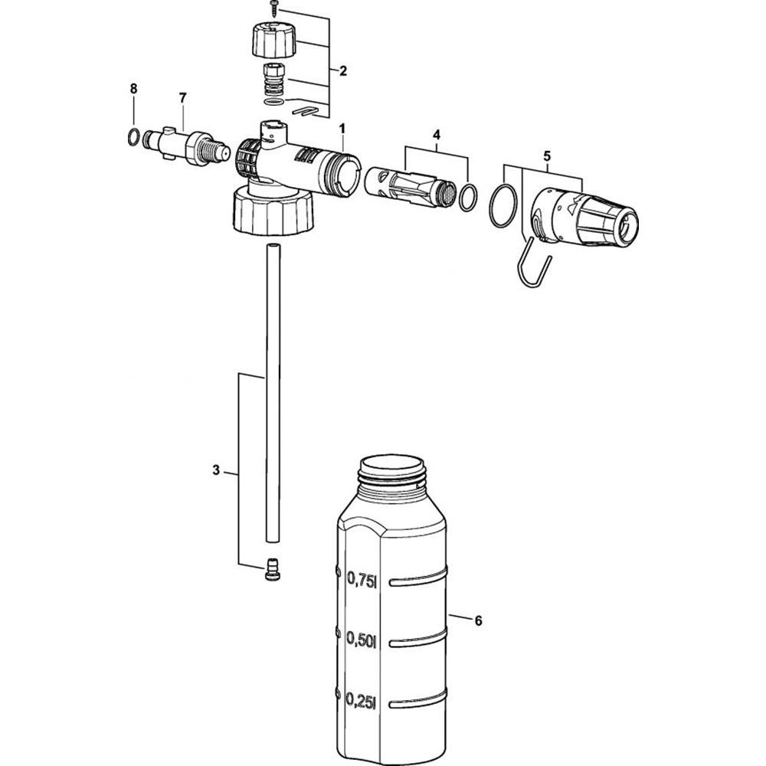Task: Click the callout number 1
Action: coord(342,129)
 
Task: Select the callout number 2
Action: coord(343,71)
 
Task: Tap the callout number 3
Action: coord(216,470)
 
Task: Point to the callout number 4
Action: coord(437,134)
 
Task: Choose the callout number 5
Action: coord(547,156)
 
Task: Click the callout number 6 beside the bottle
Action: coord(478,620)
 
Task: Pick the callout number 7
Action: coord(183,98)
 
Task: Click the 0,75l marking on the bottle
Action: coord(362,579)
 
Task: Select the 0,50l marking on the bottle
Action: coord(362,639)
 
